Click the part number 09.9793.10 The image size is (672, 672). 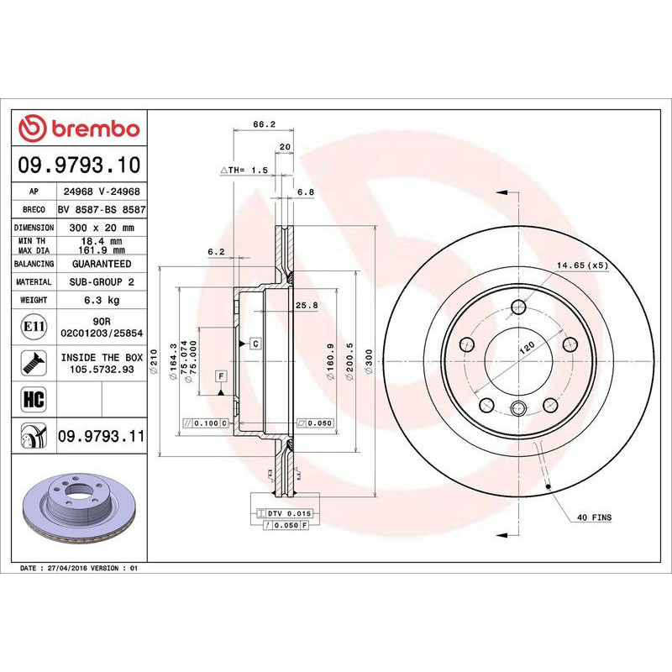point(79,165)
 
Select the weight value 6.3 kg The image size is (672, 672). point(102,300)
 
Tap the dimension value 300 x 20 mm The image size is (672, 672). point(102,228)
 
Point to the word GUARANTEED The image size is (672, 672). point(102,264)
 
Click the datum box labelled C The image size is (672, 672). point(254,343)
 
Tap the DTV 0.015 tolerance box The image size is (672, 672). point(286,512)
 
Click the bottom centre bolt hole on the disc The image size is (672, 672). point(517,409)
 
